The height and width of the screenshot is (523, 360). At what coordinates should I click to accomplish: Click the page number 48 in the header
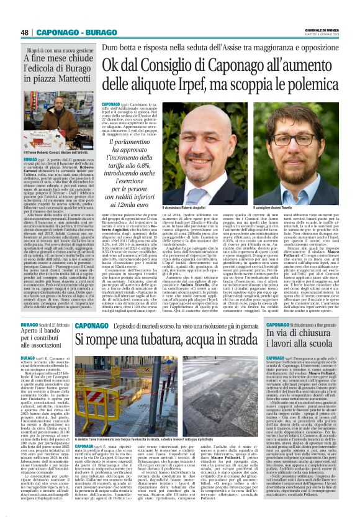tap(25, 32)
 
